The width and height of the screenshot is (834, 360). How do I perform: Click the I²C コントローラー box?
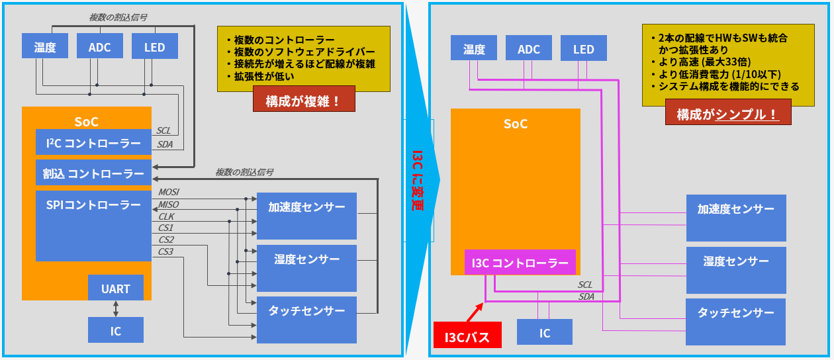93,143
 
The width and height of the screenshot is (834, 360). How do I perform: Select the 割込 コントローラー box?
93,173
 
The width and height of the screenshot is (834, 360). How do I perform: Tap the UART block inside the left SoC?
116,289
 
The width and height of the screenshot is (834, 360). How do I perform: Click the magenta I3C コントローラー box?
520,263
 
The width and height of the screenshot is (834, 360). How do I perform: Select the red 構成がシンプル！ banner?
727,114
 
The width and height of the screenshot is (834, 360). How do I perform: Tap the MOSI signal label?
169,192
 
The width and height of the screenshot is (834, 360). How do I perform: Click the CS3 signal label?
165,251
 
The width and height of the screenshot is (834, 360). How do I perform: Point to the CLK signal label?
165,216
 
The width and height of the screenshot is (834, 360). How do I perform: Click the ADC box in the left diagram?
99,48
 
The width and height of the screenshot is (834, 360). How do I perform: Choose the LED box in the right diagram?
584,50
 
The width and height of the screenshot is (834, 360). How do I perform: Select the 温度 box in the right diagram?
474,50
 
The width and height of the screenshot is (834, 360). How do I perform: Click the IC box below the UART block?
116,330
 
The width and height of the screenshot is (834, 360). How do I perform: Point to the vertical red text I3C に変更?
417,180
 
